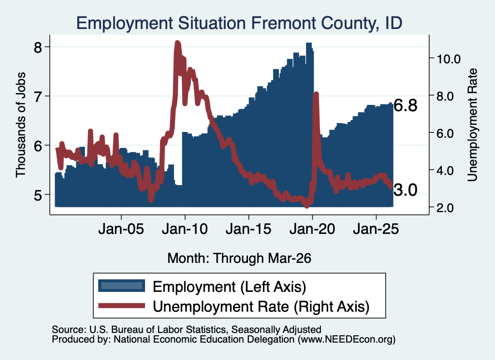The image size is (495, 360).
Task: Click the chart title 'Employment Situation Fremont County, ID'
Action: (x=239, y=23)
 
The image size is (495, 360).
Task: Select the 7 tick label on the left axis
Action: (x=38, y=96)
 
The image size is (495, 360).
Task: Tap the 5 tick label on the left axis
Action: (x=38, y=195)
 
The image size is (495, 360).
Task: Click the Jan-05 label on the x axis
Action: (x=121, y=229)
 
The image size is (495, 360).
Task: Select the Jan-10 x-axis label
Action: (x=185, y=229)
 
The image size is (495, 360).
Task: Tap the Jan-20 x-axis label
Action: (x=312, y=229)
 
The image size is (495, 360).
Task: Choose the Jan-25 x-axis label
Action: (x=376, y=229)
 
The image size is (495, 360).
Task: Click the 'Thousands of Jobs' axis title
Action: (x=20, y=125)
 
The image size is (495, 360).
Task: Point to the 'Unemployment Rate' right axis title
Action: (x=472, y=125)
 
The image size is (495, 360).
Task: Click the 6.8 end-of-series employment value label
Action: (x=406, y=105)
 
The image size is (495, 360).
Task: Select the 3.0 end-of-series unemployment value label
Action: (x=406, y=190)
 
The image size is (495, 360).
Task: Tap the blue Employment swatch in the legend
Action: (x=121, y=286)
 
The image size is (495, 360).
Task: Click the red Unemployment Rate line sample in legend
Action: (x=121, y=305)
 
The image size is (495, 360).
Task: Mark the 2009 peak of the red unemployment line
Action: (x=177, y=43)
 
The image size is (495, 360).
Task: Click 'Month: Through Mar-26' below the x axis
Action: (x=239, y=258)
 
